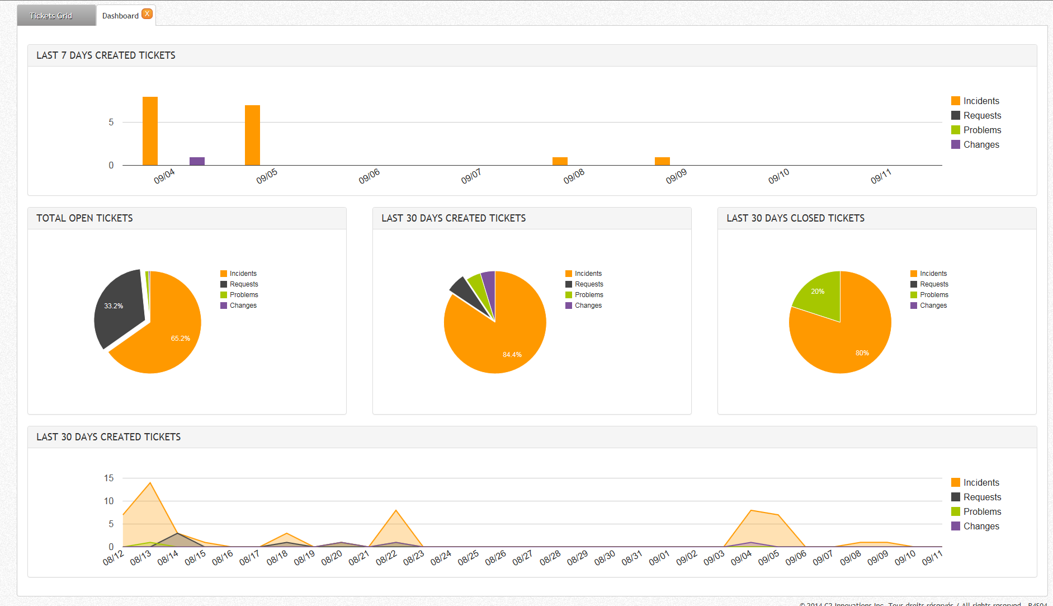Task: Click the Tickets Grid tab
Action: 51,16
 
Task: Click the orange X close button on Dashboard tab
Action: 147,14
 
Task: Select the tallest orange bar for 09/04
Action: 150,131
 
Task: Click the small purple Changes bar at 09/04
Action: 197,161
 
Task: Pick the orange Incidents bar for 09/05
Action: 252,135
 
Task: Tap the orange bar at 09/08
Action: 560,161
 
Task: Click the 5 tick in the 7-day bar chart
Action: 111,122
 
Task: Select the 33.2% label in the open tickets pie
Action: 114,306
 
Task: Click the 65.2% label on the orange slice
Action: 180,339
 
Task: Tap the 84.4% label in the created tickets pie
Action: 512,355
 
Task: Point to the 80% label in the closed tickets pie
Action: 862,353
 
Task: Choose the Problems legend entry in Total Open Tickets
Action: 243,295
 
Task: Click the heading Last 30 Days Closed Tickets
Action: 795,218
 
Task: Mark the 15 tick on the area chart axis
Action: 108,478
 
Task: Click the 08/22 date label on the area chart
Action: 386,557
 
